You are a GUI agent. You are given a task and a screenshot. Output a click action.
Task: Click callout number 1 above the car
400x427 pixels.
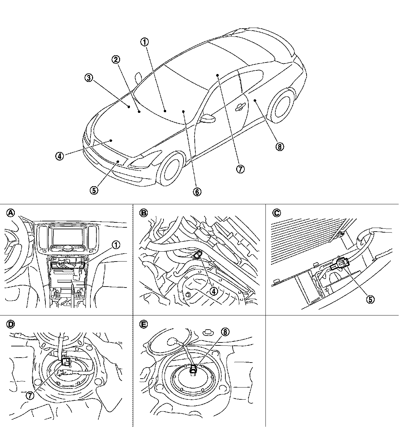point(145,42)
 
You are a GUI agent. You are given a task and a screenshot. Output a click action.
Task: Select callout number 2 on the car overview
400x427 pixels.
point(116,60)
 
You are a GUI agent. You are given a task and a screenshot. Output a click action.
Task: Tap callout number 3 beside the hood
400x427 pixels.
point(89,78)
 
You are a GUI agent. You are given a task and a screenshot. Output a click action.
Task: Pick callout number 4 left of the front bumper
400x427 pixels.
point(60,156)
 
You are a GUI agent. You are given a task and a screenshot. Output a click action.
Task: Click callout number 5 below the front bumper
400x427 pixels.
point(94,190)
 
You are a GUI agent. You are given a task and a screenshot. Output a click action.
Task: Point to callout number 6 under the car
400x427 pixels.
point(197,191)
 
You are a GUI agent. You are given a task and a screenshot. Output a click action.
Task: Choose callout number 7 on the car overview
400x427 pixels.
point(240,169)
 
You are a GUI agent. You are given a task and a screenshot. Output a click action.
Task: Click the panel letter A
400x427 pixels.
point(11,213)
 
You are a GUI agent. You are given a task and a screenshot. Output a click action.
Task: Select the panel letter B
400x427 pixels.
point(143,213)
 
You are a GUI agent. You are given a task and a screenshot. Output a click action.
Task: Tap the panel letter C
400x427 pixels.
point(276,213)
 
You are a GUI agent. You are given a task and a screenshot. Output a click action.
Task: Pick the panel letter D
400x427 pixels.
point(11,324)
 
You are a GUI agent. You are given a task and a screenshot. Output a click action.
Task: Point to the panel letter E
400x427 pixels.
point(143,324)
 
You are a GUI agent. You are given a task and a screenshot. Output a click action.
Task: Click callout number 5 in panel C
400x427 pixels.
point(370,299)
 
